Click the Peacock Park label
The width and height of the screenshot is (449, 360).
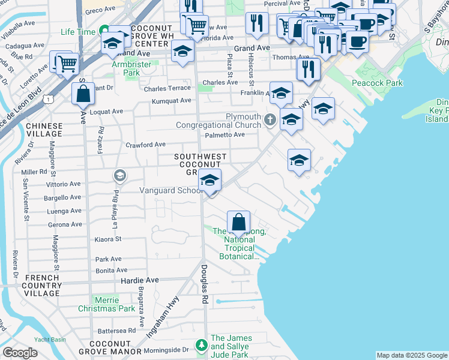(x=378, y=83)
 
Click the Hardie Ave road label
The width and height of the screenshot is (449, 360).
(x=140, y=280)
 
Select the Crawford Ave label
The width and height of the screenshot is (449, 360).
(x=145, y=145)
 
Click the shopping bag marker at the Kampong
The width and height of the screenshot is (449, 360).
(x=239, y=221)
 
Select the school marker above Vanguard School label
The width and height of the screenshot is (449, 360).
(x=209, y=179)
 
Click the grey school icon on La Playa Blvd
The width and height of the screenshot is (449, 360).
(x=119, y=175)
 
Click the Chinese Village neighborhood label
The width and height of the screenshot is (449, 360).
(x=44, y=130)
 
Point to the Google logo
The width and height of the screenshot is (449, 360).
(x=20, y=353)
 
